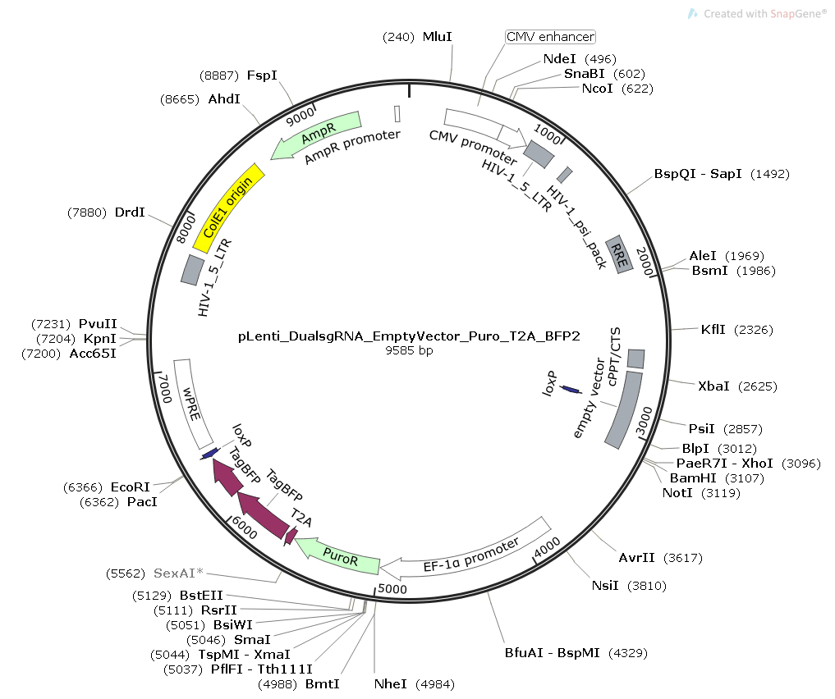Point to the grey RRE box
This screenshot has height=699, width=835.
(619, 254)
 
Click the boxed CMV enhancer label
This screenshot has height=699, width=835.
(550, 37)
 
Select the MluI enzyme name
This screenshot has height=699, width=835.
(438, 37)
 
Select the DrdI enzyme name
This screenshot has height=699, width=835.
(130, 212)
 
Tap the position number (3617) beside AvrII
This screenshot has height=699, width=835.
(684, 558)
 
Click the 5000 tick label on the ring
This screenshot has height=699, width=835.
(392, 588)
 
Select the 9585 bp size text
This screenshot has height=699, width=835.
(409, 350)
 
